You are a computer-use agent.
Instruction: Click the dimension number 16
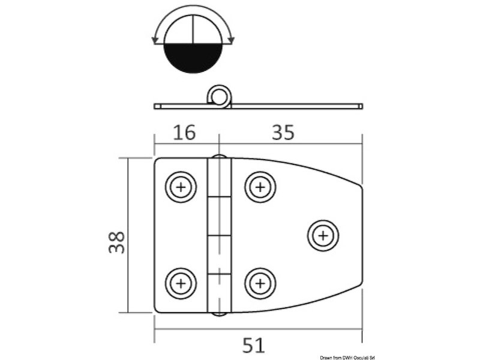184,132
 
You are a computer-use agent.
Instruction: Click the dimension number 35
283,132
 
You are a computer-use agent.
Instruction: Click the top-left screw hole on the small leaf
181,188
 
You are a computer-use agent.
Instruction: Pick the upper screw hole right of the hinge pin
260,188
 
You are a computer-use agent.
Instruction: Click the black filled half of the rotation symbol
193,58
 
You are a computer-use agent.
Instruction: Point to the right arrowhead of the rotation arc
232,40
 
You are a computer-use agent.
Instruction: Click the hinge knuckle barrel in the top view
220,235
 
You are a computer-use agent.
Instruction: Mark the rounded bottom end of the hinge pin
220,313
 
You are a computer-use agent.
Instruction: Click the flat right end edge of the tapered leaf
362,235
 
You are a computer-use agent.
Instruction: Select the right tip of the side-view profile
361,106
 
